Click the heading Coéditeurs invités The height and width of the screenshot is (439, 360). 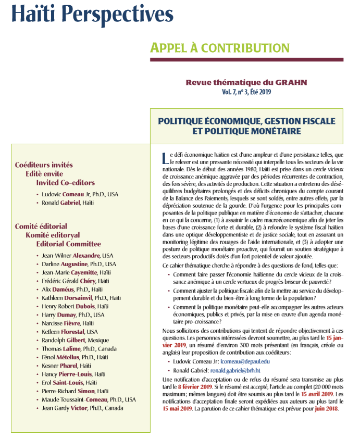click(44, 165)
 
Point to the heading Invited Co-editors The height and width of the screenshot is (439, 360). click(65, 183)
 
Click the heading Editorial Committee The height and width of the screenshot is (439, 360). click(68, 244)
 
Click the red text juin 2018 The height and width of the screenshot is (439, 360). click(326, 408)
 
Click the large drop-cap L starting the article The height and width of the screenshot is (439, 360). click(165, 157)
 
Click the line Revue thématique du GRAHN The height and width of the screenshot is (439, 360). click(246, 82)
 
